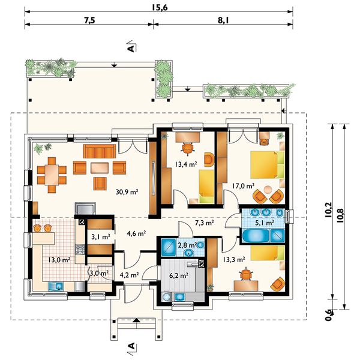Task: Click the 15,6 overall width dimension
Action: click(x=160, y=8)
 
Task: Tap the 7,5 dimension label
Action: click(x=89, y=20)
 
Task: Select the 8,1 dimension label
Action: click(x=223, y=20)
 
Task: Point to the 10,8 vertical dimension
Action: click(x=340, y=215)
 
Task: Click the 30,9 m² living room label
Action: click(x=127, y=192)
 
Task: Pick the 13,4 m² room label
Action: click(x=186, y=164)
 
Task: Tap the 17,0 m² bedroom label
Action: click(x=243, y=186)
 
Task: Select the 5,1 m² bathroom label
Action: click(x=265, y=222)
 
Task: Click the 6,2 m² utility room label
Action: click(x=179, y=275)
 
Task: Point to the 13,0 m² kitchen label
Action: click(x=59, y=260)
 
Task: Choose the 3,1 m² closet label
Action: click(x=101, y=237)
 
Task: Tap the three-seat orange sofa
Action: click(x=100, y=151)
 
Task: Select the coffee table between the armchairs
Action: click(x=100, y=168)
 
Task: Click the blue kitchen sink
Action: click(x=56, y=286)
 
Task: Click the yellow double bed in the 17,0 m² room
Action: click(x=268, y=164)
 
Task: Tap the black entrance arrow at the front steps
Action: click(x=136, y=320)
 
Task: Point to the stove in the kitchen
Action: click(x=80, y=250)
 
